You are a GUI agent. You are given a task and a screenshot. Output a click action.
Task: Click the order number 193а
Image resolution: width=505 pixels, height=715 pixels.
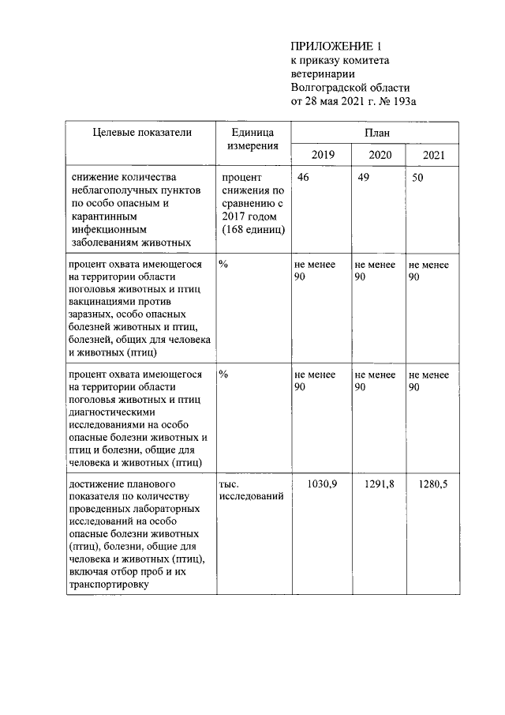point(404,100)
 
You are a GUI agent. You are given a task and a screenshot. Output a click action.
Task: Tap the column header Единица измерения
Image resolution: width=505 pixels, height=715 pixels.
point(252,140)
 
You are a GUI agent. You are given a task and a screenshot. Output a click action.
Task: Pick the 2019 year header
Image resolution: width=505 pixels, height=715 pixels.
point(323,156)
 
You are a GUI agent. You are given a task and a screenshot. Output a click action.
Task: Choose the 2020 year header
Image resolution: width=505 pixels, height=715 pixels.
point(380,156)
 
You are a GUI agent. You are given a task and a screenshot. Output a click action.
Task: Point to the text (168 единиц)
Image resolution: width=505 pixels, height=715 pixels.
point(252,230)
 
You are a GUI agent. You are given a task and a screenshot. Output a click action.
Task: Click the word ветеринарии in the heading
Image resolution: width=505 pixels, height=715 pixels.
point(323,73)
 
